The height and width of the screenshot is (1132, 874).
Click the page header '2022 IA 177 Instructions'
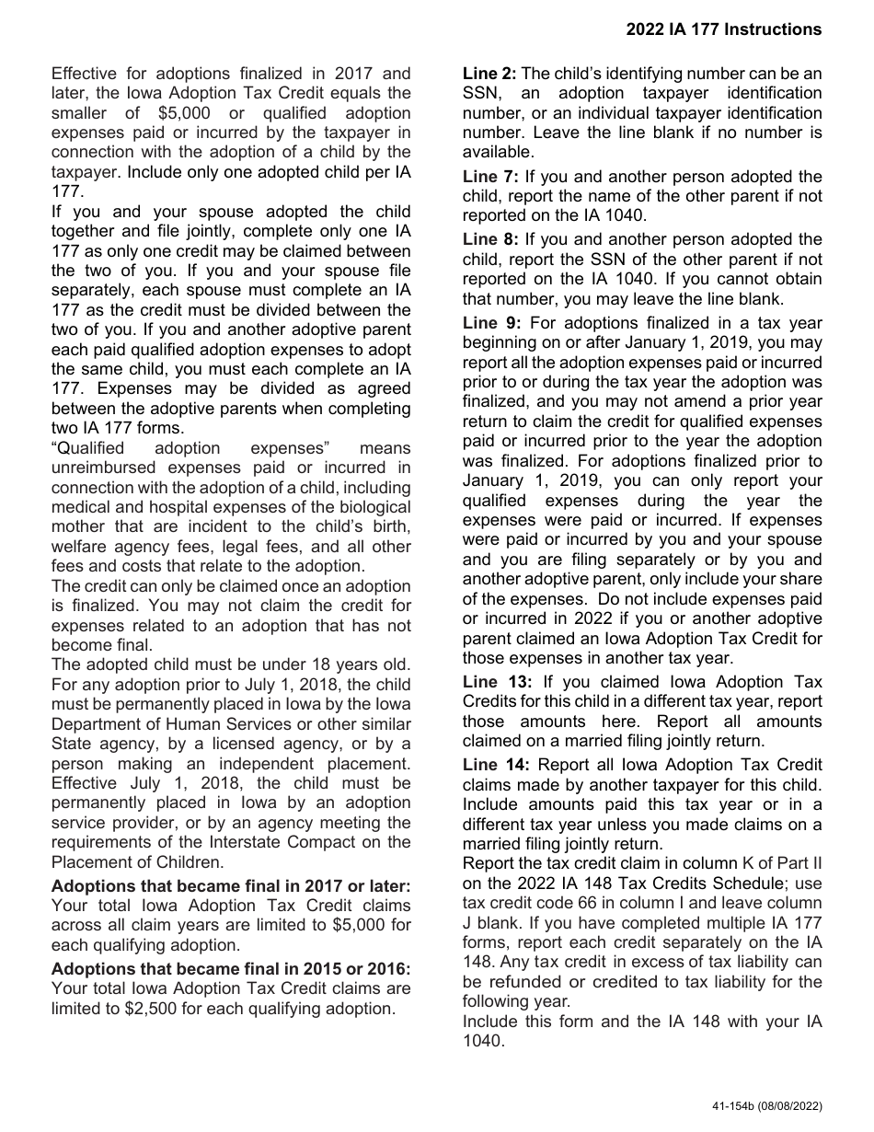[723, 29]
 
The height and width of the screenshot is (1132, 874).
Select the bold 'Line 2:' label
[489, 74]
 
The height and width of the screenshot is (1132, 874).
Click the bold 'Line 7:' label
[490, 176]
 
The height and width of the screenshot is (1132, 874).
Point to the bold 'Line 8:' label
[490, 239]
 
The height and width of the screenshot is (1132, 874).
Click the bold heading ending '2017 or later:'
[231, 886]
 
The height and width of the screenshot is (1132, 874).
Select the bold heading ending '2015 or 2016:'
[231, 969]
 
